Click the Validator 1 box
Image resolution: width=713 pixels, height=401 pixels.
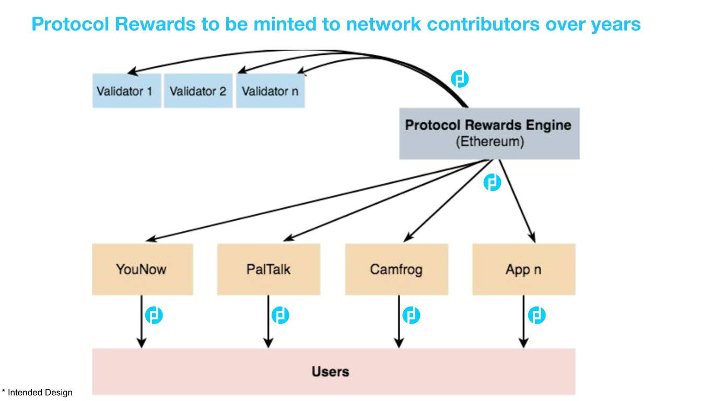tap(126, 91)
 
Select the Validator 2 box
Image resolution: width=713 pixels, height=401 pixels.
tap(198, 91)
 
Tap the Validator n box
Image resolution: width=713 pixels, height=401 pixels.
tap(270, 91)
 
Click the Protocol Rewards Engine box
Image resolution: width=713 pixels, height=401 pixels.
tap(489, 133)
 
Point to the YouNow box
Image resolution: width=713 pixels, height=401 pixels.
tap(142, 269)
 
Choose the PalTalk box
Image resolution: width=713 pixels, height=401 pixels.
tap(268, 269)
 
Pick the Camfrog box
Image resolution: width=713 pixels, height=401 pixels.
tap(396, 269)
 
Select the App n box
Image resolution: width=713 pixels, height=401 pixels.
tap(523, 269)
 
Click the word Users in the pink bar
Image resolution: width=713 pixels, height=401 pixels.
tap(330, 372)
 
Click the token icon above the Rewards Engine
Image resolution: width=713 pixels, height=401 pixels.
tap(460, 79)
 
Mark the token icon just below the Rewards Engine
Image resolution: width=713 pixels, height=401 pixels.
tap(492, 182)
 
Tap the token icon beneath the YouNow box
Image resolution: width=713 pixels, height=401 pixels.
tap(154, 315)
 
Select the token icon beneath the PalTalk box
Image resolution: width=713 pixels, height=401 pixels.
tap(280, 315)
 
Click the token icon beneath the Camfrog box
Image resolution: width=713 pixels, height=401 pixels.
tap(411, 315)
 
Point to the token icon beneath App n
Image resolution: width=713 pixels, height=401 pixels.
tap(537, 315)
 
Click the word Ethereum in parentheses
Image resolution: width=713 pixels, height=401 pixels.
tap(489, 141)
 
